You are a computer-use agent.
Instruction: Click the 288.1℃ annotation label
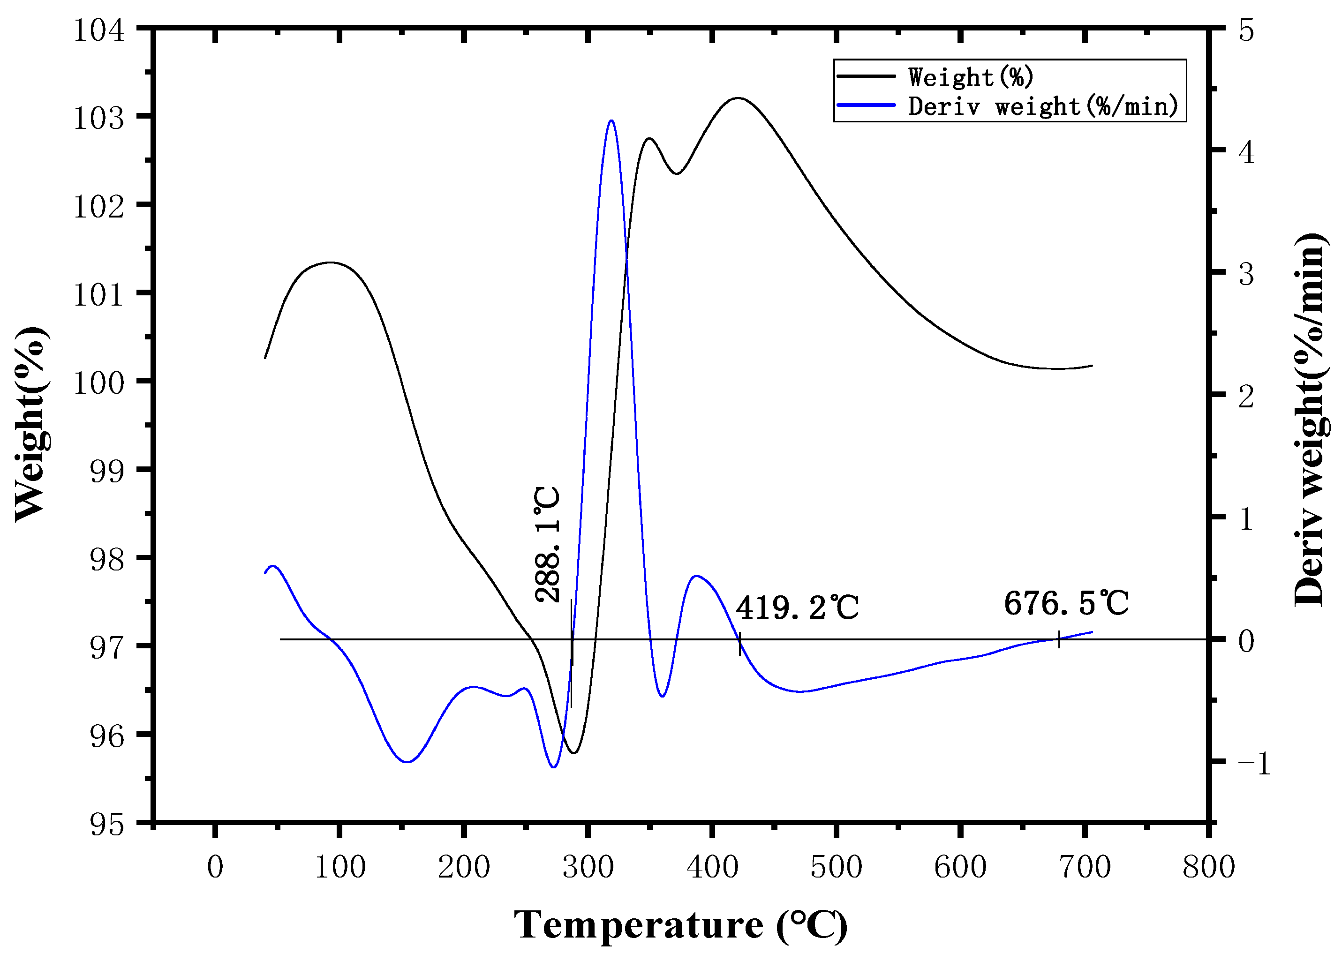[548, 545]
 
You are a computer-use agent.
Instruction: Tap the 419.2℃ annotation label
[797, 608]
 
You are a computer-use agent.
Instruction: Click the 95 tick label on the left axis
[107, 825]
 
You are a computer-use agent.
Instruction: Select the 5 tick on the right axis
[1246, 30]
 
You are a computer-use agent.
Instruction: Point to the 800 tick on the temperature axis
[1209, 867]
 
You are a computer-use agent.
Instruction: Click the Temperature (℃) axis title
[680, 925]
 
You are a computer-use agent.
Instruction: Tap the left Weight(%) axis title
[30, 424]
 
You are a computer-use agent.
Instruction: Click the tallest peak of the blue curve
[611, 121]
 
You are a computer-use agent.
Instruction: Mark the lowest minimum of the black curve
[573, 753]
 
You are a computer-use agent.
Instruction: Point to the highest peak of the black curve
[737, 98]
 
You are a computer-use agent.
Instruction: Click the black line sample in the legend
[867, 76]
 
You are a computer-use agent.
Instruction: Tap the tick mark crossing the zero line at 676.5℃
[1058, 639]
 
